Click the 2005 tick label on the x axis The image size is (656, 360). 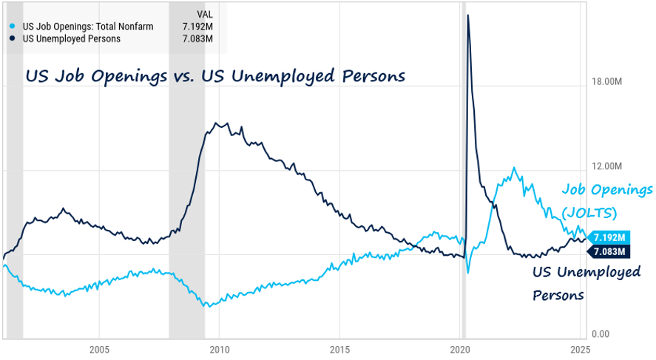99,348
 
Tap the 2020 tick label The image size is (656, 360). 461,348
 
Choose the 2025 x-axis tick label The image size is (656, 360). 581,348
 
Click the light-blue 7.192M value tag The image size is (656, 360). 610,237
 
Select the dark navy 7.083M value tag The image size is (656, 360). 610,251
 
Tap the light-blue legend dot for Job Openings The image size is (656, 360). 12,27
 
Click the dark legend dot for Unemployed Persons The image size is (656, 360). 12,38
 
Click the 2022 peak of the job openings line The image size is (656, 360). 513,169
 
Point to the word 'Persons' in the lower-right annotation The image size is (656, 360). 559,295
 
